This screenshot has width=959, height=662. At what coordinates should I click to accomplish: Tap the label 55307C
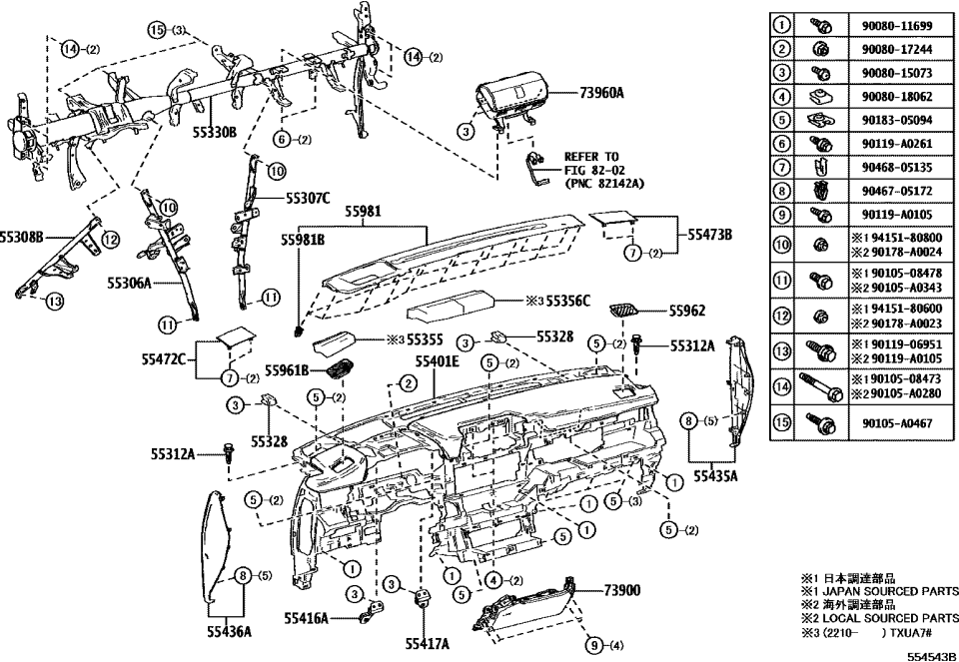click(308, 198)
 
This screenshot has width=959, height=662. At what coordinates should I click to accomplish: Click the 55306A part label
click(129, 284)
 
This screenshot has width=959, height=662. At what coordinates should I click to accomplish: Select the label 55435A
click(715, 477)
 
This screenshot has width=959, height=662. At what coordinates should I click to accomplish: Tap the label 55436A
click(229, 631)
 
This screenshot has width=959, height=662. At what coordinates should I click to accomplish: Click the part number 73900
click(621, 591)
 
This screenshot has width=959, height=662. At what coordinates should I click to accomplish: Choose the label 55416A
click(305, 619)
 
